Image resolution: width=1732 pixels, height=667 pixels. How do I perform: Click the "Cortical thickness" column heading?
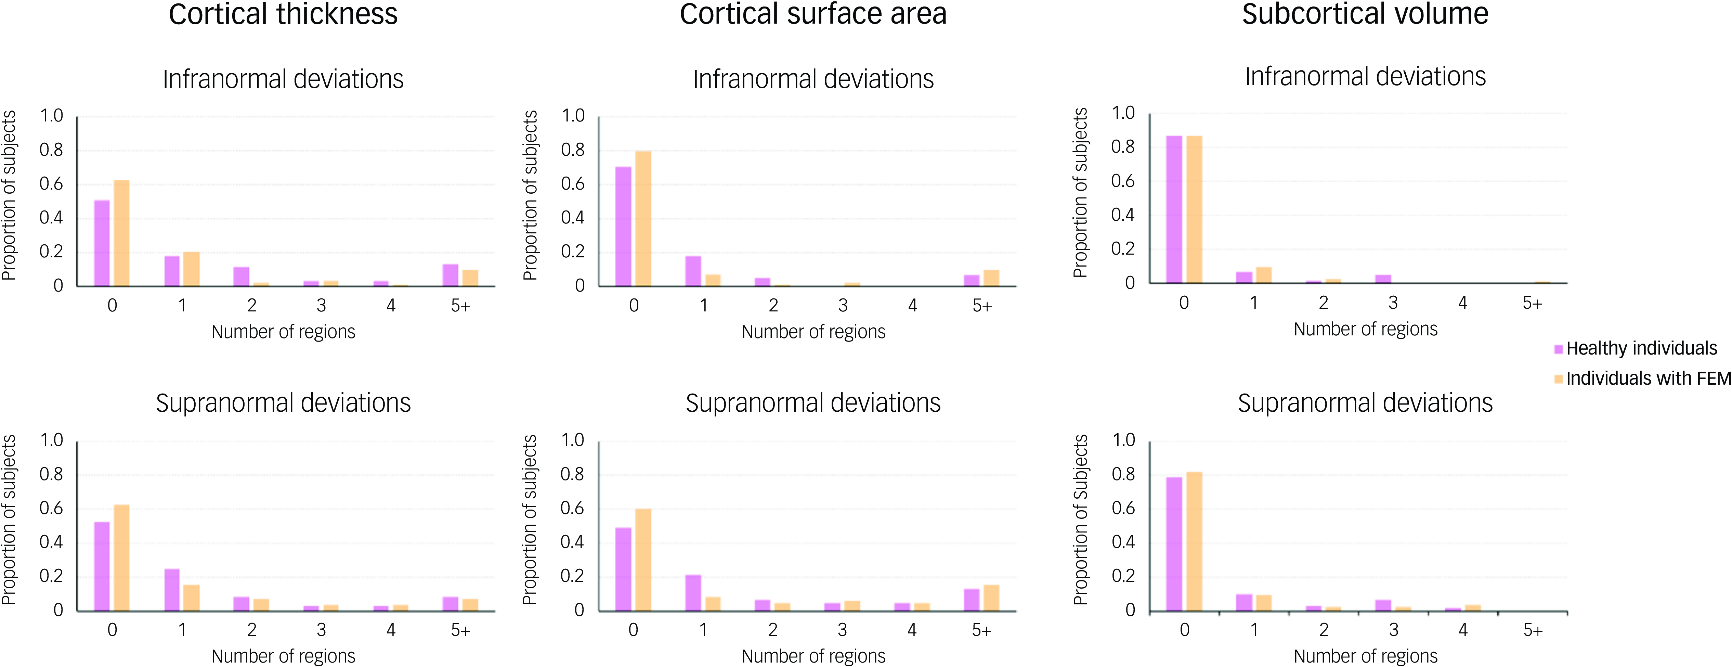coord(283,14)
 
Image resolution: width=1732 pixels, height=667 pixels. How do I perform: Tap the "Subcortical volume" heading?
coord(1365,14)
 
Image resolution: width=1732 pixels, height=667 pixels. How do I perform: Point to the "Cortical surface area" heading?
coord(813,14)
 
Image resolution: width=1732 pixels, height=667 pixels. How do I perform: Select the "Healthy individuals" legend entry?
coord(1641,348)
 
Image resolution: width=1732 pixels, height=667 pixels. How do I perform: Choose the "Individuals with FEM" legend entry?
coord(1647,379)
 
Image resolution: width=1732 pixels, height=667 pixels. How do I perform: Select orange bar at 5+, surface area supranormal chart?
coord(991,598)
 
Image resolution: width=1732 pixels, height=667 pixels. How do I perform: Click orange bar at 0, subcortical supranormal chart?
coord(1194,541)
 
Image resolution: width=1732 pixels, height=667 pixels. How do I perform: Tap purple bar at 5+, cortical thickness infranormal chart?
coord(451,275)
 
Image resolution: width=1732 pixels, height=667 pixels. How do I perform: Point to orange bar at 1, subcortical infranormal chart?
coord(1264,275)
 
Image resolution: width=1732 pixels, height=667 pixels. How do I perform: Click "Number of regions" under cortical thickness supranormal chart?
coord(283,656)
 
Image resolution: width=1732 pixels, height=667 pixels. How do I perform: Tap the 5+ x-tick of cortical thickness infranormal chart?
coord(460,306)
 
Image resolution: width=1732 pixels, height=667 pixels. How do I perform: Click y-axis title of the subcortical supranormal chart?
coord(1080,520)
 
